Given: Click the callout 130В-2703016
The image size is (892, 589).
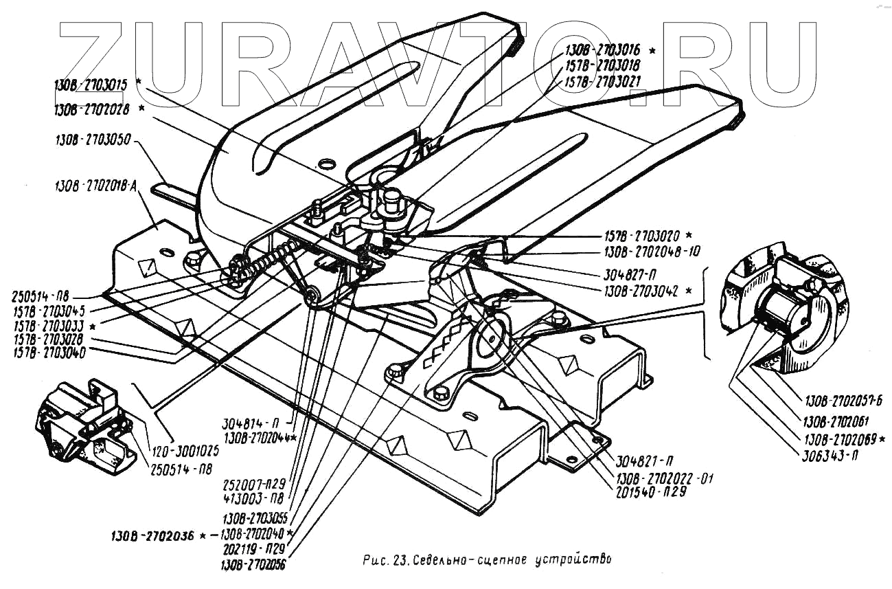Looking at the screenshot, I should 603,50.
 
